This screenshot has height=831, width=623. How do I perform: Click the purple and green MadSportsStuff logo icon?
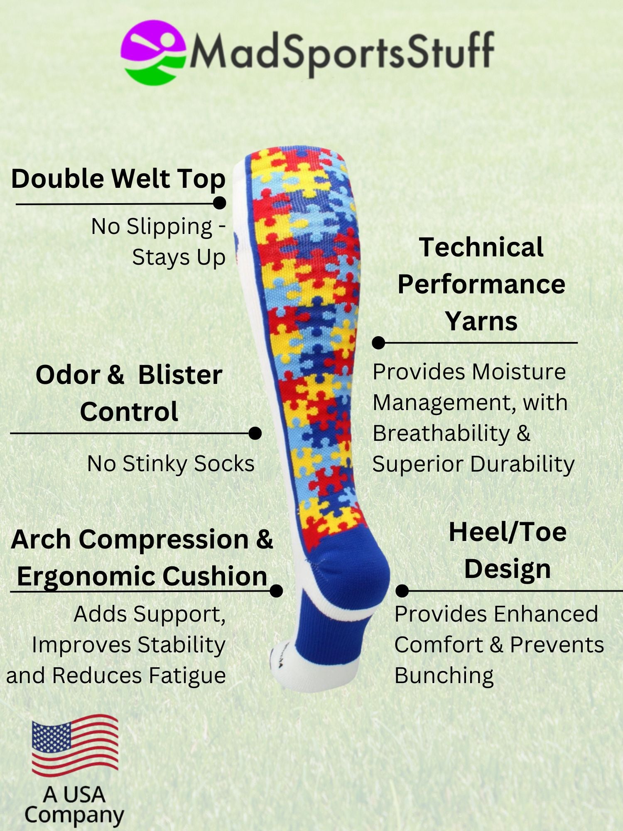tap(153, 52)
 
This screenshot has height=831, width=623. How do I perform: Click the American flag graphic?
tap(75, 746)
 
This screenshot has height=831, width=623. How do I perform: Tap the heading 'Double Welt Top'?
tap(118, 179)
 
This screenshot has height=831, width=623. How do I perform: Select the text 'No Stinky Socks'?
tap(171, 464)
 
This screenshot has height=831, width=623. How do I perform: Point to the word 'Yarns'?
tap(481, 321)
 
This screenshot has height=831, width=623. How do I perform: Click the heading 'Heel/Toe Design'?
tap(508, 550)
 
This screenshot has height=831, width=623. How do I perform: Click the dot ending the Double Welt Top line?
tap(219, 203)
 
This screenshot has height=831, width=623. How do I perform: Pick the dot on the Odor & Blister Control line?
tap(255, 433)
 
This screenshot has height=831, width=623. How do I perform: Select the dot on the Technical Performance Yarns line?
tap(378, 343)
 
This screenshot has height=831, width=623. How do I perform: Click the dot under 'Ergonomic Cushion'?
tap(276, 590)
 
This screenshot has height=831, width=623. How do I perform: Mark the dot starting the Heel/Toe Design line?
tap(402, 590)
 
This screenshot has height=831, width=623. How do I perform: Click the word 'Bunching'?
tap(444, 676)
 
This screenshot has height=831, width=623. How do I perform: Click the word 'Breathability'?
tap(441, 433)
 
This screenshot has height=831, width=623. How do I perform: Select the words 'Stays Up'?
tap(179, 258)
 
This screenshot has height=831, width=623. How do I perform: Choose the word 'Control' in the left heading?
tap(129, 412)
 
